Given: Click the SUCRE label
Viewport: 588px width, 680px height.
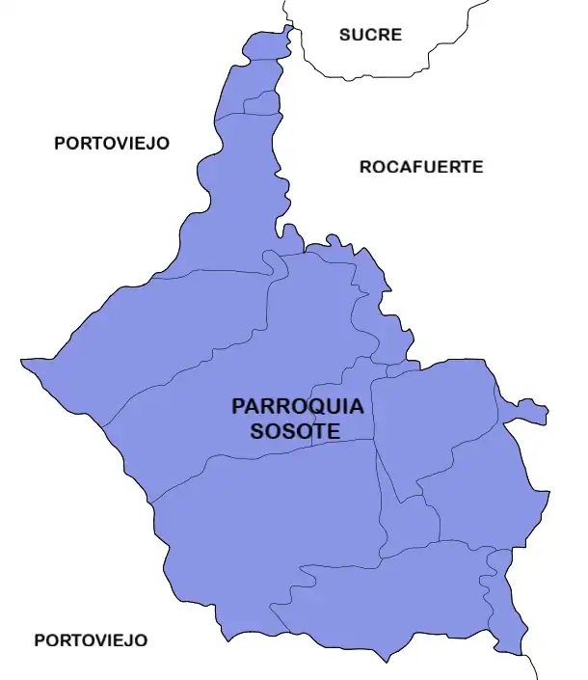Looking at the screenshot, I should (370, 35).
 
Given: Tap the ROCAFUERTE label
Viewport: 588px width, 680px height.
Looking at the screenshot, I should (421, 167).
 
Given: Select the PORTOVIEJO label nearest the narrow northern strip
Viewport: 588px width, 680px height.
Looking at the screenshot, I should (112, 143).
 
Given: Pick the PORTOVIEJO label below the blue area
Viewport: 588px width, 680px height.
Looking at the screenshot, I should (91, 639).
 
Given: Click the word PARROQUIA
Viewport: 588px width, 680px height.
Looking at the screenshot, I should (298, 406).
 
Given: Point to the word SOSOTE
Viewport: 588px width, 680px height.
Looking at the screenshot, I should (295, 431).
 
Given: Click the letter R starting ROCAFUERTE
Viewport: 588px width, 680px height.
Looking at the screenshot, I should (366, 167).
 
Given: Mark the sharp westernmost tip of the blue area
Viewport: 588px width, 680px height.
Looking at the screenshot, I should (23, 362).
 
